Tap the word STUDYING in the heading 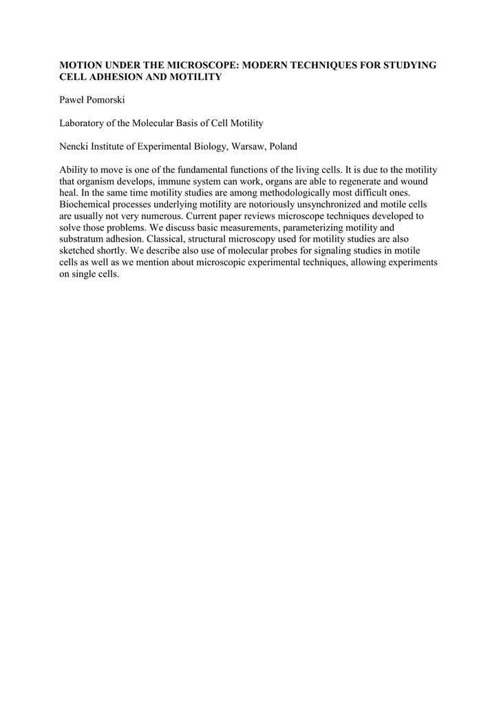(x=406, y=65)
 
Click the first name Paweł (x=72, y=100)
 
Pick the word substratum (x=82, y=240)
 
